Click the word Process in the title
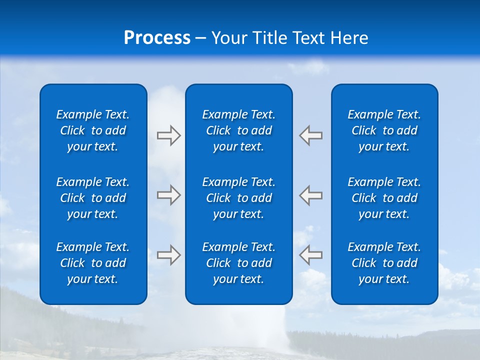(157, 38)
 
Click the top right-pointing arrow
(168, 135)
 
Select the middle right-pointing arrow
(168, 195)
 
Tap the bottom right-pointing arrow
(168, 255)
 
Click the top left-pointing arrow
(311, 135)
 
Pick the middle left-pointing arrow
(311, 195)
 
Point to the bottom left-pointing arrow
(311, 255)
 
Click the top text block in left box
(93, 130)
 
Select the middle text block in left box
(93, 198)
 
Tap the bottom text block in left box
(93, 263)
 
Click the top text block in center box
(238, 130)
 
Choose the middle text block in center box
(238, 198)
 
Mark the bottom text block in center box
(238, 263)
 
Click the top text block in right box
(384, 130)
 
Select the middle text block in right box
(384, 198)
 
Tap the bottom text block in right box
(384, 263)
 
